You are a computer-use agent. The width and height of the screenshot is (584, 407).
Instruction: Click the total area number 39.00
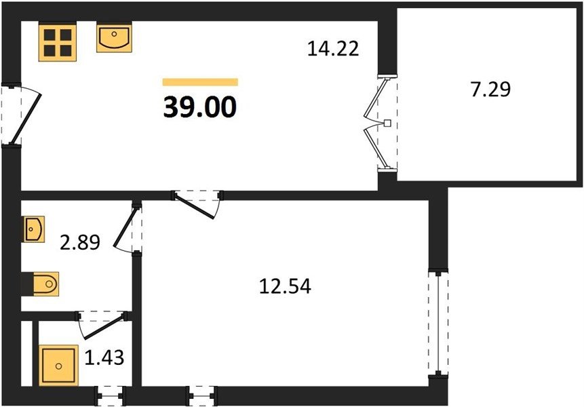200,107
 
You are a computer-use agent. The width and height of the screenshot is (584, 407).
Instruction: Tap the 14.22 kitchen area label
333,49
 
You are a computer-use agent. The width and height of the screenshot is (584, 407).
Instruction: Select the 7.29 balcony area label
490,90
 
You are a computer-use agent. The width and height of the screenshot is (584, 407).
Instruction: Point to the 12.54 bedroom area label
285,286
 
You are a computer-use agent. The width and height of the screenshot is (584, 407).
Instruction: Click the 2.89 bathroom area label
80,242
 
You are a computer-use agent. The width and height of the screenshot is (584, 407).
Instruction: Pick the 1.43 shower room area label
104,357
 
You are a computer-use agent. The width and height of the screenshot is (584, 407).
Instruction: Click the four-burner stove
58,43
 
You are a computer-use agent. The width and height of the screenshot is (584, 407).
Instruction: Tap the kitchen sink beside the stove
114,37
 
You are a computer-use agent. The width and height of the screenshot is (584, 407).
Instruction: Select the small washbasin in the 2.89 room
35,229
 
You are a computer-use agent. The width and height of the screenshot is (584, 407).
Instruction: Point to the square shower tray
58,366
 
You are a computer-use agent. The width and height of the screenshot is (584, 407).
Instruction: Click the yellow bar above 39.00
200,82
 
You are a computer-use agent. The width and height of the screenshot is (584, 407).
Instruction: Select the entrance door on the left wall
22,115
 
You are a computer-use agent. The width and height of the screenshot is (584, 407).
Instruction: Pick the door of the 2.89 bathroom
128,228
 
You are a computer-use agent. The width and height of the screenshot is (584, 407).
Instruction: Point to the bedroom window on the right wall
438,323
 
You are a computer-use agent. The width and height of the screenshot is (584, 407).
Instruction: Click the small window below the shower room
110,396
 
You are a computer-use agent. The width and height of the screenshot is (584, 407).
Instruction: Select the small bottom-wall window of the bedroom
202,396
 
